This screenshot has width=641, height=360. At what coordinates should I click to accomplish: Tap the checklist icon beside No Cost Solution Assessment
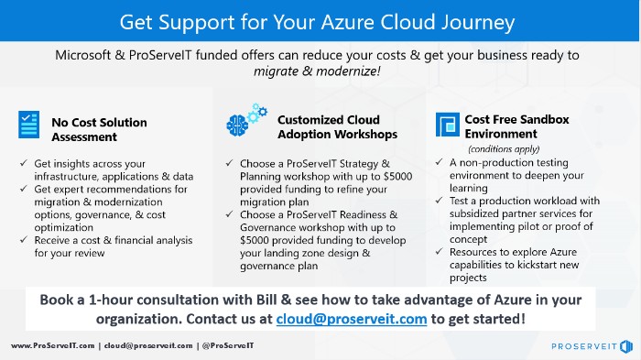(x=28, y=124)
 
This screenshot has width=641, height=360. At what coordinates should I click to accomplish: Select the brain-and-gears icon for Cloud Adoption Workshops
(x=239, y=123)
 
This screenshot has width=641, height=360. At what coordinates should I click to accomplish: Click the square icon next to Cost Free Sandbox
(x=447, y=125)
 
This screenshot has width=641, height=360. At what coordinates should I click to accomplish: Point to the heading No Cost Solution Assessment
(x=99, y=129)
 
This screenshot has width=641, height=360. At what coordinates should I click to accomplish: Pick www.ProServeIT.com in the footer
(x=53, y=346)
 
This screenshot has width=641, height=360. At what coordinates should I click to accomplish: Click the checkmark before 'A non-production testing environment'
(x=441, y=162)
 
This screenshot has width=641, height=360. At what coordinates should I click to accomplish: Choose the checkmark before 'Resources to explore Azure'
(x=441, y=252)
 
